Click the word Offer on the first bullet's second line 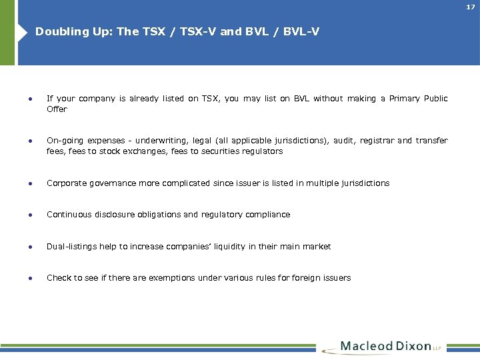pyautogui.click(x=57, y=109)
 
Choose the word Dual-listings pyautogui.click(x=71, y=247)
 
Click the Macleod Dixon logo pyautogui.click(x=387, y=347)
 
